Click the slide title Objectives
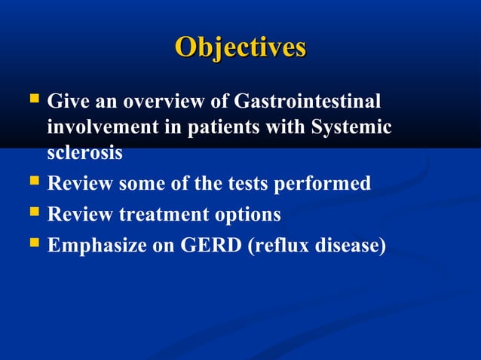pyautogui.click(x=240, y=47)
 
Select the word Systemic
pyautogui.click(x=351, y=127)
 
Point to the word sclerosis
pyautogui.click(x=85, y=152)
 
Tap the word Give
pyautogui.click(x=68, y=101)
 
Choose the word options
pyautogui.click(x=246, y=215)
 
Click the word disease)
pyautogui.click(x=352, y=246)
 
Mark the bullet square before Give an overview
pyautogui.click(x=33, y=99)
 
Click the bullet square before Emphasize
pyautogui.click(x=33, y=244)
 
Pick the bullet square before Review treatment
pyautogui.click(x=33, y=213)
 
